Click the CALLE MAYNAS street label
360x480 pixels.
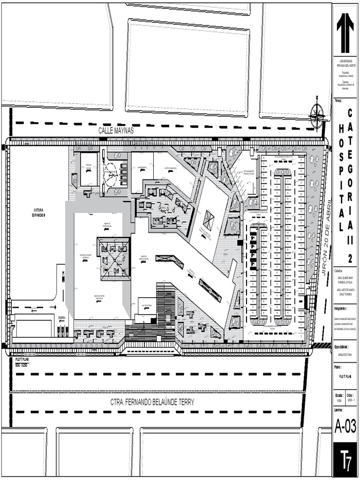pyautogui.click(x=116, y=131)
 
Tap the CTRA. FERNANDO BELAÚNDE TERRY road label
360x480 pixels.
pyautogui.click(x=152, y=402)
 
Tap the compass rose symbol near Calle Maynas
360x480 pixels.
pyautogui.click(x=317, y=112)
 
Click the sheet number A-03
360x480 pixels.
pyautogui.click(x=345, y=426)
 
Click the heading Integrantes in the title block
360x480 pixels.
pyautogui.click(x=341, y=309)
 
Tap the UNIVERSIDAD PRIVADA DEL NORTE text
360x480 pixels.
pyautogui.click(x=345, y=64)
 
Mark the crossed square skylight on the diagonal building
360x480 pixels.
pyautogui.click(x=208, y=218)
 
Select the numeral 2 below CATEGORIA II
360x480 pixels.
pyautogui.click(x=350, y=258)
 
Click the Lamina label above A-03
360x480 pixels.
pyautogui.click(x=339, y=410)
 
